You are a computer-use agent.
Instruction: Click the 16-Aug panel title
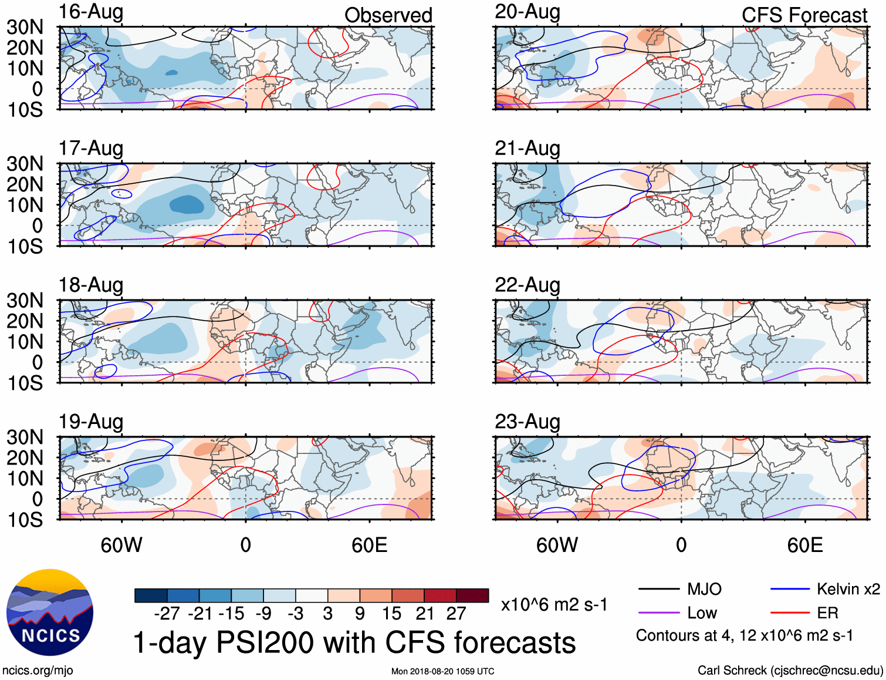(x=91, y=12)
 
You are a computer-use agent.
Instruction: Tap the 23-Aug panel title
(x=527, y=422)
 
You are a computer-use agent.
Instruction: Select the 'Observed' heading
(x=388, y=15)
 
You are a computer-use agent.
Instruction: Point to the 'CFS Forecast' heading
(x=804, y=15)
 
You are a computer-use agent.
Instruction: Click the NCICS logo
(x=50, y=612)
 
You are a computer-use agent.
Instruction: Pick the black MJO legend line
(x=658, y=589)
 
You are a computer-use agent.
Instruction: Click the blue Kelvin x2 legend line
(x=790, y=589)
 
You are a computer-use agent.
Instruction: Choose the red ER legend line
(x=790, y=613)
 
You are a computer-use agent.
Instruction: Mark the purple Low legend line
(x=658, y=613)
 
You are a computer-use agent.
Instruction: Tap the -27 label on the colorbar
(x=167, y=614)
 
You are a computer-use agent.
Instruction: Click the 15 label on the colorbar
(x=391, y=614)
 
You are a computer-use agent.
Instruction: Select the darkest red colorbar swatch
(x=472, y=595)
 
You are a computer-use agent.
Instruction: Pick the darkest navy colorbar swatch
(x=151, y=595)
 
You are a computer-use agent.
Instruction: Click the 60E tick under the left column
(x=369, y=546)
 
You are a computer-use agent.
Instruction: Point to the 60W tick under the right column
(x=557, y=546)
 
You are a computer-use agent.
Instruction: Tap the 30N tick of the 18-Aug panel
(x=25, y=301)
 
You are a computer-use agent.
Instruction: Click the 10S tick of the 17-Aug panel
(x=25, y=247)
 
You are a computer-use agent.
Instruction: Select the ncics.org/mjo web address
(x=38, y=671)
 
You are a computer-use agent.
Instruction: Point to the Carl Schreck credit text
(x=790, y=671)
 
